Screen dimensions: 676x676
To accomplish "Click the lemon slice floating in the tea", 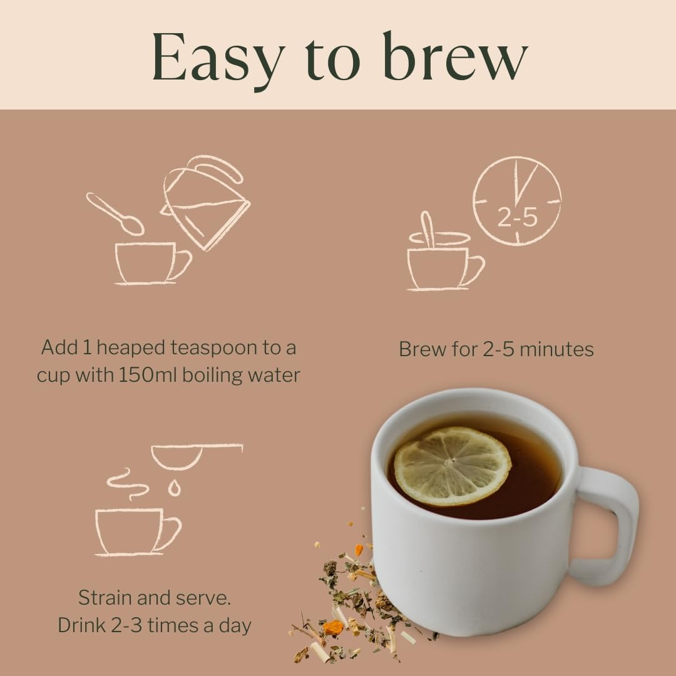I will pos(452,466).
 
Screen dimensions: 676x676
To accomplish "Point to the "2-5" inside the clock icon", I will pos(517,217).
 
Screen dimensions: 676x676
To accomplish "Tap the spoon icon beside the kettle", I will pos(115,213).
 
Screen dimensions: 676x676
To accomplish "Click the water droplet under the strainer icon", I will pos(174,488).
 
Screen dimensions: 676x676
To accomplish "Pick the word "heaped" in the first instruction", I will pos(124,347).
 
